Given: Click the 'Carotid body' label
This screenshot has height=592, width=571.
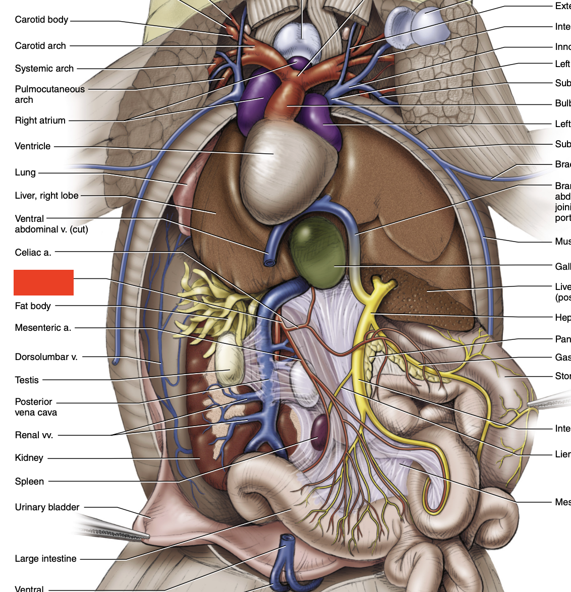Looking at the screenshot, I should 41,20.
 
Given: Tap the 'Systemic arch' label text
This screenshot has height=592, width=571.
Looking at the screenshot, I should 44,69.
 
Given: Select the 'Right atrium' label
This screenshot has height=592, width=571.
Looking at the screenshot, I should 40,121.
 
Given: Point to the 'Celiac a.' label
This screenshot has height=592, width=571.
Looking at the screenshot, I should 33,252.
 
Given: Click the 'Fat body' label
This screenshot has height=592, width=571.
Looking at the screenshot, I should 33,306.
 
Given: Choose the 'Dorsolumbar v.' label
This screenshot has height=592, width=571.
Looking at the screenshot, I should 46,357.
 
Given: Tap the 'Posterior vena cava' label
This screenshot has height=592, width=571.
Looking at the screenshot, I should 36,407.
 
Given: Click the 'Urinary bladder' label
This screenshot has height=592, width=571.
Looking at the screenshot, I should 47,507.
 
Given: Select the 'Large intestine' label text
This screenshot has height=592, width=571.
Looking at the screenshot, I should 46,559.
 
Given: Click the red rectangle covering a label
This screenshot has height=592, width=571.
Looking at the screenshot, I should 43,282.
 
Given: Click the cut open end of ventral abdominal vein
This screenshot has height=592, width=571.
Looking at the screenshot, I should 270,262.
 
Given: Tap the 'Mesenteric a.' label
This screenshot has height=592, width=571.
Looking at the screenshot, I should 43,328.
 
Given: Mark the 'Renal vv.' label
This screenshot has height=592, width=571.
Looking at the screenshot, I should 34,435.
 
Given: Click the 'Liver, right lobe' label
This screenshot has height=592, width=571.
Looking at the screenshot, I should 47,196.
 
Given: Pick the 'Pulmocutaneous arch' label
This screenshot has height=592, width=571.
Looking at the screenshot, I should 50,94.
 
